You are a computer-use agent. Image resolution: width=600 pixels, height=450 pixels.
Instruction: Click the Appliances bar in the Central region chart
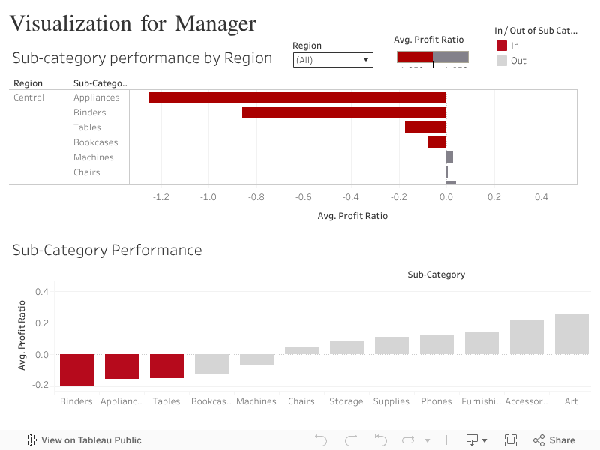[298, 97]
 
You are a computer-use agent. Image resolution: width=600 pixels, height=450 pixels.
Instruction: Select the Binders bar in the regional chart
[344, 112]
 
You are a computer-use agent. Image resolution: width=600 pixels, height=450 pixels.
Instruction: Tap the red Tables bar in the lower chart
[166, 366]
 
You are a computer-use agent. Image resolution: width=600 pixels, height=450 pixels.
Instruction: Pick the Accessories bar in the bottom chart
[526, 337]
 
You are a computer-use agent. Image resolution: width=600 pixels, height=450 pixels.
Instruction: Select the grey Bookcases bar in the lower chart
[211, 364]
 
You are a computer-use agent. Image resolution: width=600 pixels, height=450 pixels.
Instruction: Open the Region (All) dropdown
[333, 60]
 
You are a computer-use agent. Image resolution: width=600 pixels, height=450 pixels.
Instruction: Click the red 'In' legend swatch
[502, 46]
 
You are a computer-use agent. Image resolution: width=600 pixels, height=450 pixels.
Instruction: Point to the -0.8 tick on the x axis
[256, 197]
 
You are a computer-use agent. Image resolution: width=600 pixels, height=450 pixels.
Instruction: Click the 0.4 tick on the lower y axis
[41, 291]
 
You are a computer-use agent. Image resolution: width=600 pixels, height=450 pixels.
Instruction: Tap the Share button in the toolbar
[554, 440]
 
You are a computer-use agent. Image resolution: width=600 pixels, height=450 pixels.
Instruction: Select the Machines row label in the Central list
[94, 157]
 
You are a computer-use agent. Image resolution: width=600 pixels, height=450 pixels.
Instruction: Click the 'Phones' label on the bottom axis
[436, 401]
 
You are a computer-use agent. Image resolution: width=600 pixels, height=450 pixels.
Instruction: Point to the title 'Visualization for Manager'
[133, 24]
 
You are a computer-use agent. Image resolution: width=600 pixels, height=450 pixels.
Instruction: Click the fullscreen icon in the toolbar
[511, 440]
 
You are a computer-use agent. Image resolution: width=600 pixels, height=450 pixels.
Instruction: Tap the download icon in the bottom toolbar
[476, 440]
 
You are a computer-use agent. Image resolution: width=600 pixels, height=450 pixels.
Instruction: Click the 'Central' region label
[29, 97]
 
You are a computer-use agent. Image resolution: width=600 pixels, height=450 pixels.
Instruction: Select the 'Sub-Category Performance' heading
[107, 250]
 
